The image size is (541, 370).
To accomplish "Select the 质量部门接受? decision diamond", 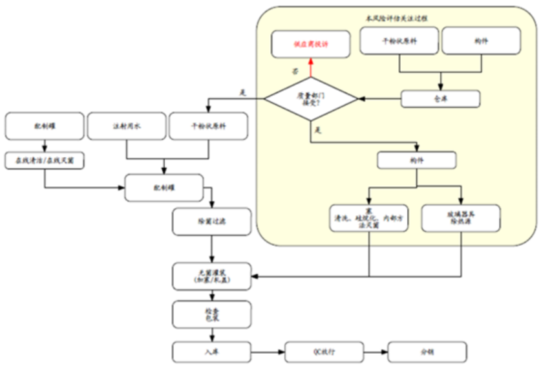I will pos(312,99).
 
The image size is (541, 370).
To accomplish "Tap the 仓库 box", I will pos(441,98).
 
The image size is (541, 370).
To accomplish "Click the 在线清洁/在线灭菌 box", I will pos(45,160).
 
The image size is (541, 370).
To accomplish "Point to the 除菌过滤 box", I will pos(211,221).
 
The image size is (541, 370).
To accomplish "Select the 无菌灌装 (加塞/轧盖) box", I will pos(211,276).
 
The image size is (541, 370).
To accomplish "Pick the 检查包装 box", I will pos(211,314).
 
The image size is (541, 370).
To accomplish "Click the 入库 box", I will pos(211,352).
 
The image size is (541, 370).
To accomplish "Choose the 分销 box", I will pos(427,352).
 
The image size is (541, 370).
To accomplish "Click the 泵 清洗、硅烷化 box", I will pos(369,218).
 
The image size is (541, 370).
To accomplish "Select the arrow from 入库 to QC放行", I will pos(266,352).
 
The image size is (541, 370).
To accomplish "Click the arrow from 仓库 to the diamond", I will pos(380,98).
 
